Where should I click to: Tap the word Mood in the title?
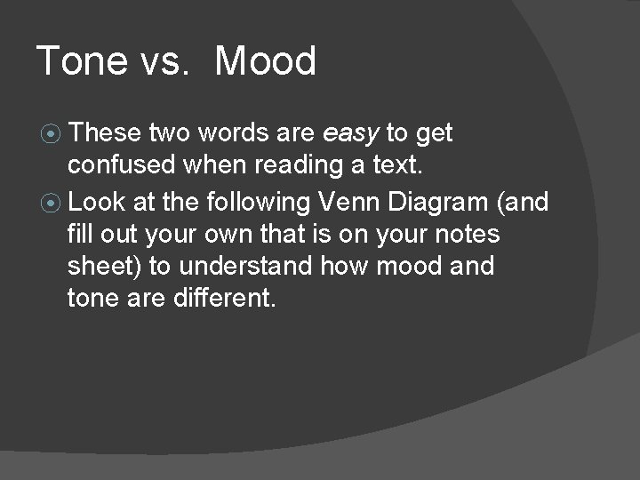(x=265, y=61)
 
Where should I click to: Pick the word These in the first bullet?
(x=106, y=133)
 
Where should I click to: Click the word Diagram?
(x=446, y=202)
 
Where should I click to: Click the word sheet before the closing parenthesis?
(x=97, y=266)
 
